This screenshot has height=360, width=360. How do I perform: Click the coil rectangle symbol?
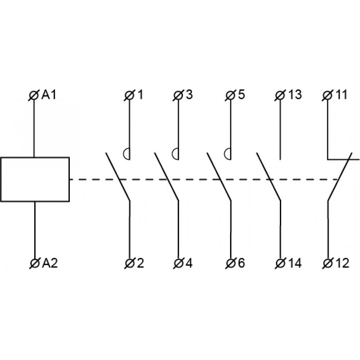[35, 179]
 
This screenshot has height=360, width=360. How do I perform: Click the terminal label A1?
[49, 95]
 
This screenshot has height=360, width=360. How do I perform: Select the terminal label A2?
[50, 264]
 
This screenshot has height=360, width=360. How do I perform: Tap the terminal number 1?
[140, 95]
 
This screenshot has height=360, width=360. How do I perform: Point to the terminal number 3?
[189, 95]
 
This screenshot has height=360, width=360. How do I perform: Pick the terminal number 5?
[241, 95]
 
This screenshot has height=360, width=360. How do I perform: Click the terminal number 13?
[294, 95]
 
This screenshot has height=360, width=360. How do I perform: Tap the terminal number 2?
[140, 264]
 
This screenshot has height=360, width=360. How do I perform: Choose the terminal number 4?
[189, 264]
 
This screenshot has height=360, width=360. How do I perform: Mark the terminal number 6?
[241, 264]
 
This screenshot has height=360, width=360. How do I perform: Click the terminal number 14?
[294, 264]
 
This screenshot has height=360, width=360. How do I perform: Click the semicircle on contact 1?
[126, 154]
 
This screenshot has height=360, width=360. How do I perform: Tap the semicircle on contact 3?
[175, 154]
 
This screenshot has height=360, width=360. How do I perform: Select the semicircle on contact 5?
[227, 154]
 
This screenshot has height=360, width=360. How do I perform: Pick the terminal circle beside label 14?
[280, 264]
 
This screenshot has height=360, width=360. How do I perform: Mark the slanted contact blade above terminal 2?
[117, 176]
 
